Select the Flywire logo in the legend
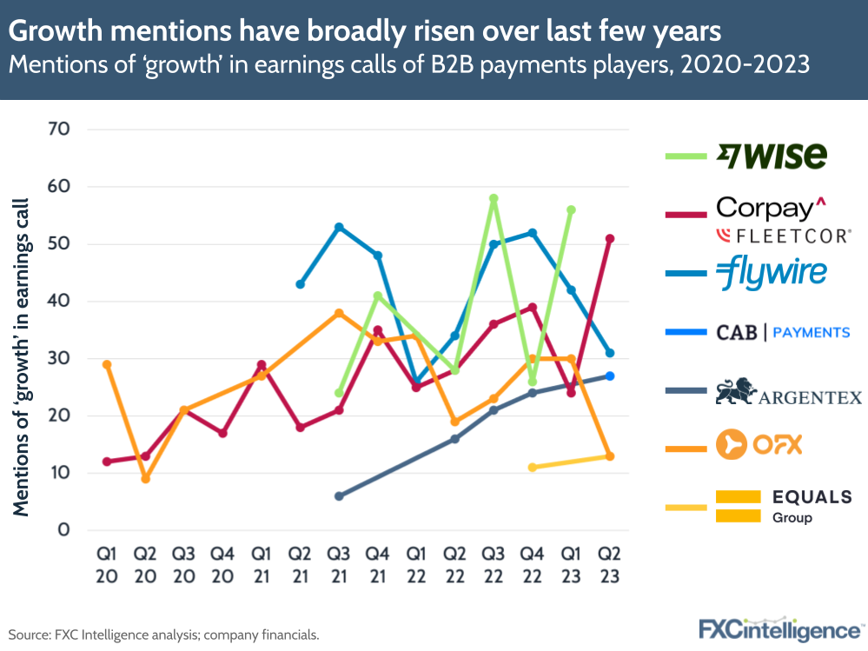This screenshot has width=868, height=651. point(771,274)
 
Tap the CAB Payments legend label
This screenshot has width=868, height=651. point(782,332)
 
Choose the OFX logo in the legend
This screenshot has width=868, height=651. point(758,446)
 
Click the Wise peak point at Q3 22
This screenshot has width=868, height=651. point(494,199)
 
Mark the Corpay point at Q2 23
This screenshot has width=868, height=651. point(610,238)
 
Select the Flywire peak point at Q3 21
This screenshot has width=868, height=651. point(339,227)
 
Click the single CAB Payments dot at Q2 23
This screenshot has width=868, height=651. point(610,375)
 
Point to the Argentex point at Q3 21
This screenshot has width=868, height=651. point(339,496)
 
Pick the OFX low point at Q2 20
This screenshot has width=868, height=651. point(145,479)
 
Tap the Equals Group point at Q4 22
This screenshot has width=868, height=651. point(532,468)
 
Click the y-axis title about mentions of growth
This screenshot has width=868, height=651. point(22,356)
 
